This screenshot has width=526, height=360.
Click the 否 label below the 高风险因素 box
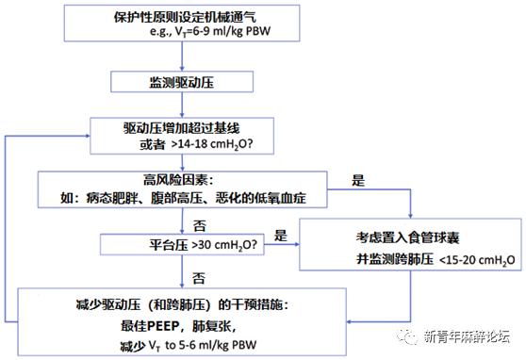point(199,224)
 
